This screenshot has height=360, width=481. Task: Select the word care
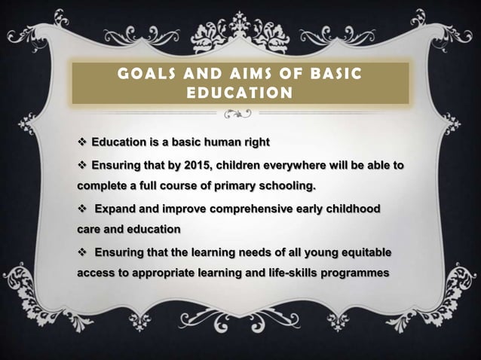pyautogui.click(x=91, y=228)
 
